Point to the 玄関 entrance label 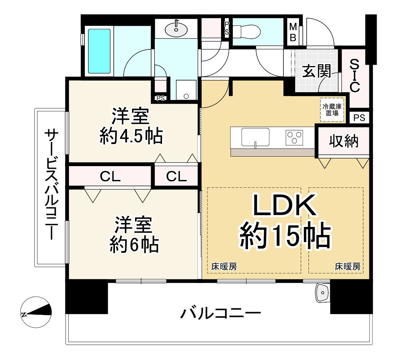[316, 71]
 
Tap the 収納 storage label [344, 141]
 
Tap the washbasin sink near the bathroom [176, 27]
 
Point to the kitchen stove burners [294, 137]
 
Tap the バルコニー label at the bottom [221, 314]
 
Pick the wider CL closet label [110, 176]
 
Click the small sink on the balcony [323, 293]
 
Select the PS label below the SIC [359, 118]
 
